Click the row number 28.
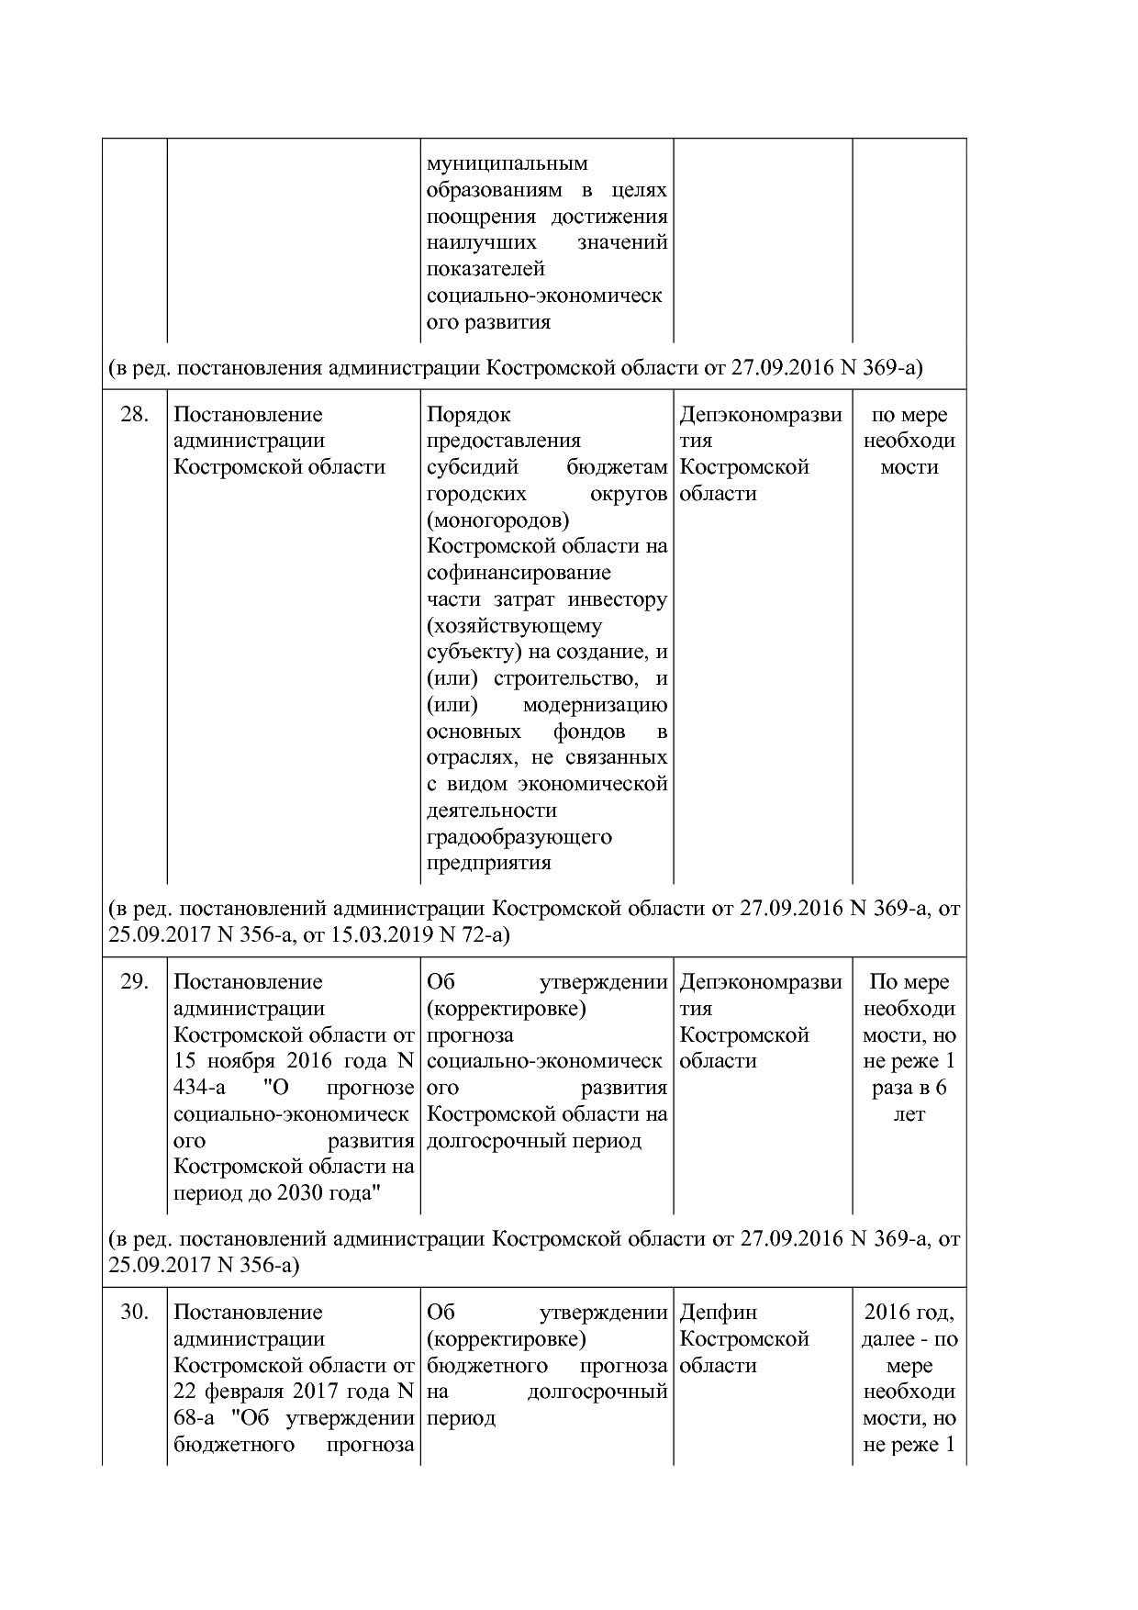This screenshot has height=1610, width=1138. [134, 415]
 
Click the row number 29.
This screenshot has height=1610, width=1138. [134, 982]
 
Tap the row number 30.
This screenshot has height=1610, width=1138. [134, 1313]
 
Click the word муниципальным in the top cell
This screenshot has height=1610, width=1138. [508, 164]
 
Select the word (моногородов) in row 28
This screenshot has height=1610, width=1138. [497, 520]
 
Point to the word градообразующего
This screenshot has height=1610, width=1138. [519, 837]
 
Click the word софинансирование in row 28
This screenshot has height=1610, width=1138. [519, 574]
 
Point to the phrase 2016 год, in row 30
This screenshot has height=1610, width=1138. [909, 1313]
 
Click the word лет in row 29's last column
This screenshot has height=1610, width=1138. [909, 1115]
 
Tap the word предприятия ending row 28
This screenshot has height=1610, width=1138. [488, 864]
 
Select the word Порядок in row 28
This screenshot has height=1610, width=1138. [468, 415]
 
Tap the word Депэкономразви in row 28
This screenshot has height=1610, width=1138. [761, 415]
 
